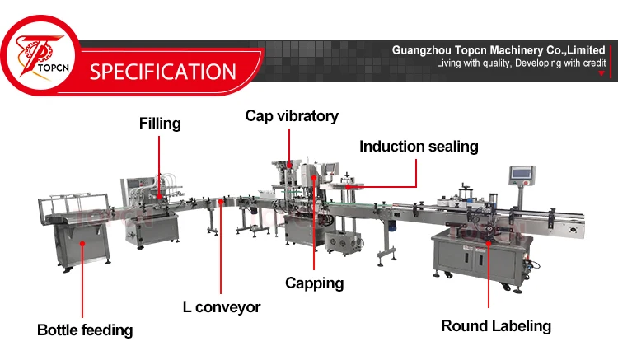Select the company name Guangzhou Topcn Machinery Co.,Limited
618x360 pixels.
499,50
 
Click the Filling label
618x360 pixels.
159,124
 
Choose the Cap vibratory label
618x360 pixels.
292,116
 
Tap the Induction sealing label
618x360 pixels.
419,147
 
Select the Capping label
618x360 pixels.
314,283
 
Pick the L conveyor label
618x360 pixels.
222,307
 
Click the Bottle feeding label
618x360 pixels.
85,330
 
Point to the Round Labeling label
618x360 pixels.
496,325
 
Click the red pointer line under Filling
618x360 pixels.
159,161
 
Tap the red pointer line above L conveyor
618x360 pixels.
220,247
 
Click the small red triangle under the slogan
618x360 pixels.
602,74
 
